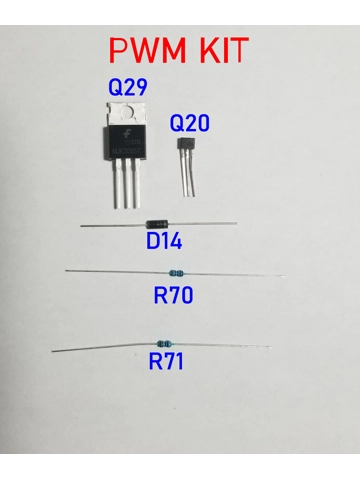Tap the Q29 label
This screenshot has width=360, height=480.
tap(128, 87)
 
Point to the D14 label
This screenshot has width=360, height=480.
tap(166, 241)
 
